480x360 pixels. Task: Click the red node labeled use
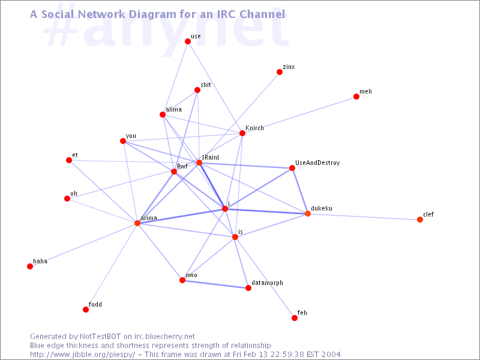coord(188,41)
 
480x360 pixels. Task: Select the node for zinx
coord(279,72)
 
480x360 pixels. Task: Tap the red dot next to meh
coord(356,97)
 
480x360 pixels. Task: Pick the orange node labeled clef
coord(419,220)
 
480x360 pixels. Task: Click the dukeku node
coord(308,214)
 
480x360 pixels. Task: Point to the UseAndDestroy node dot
coord(292,168)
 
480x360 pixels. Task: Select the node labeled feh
coord(294,318)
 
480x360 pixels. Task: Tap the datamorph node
coord(248,288)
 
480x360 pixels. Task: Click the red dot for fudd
coord(86,310)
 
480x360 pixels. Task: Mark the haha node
coord(30,266)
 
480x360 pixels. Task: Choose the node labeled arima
coord(137,223)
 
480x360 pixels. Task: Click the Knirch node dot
coord(242,133)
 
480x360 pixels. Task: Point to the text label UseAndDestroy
coord(317,163)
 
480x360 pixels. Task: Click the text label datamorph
coord(267,283)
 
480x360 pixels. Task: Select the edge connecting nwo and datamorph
coord(215,284)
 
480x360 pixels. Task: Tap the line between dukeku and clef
coord(364,217)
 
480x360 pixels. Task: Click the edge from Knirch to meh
coord(299,115)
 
